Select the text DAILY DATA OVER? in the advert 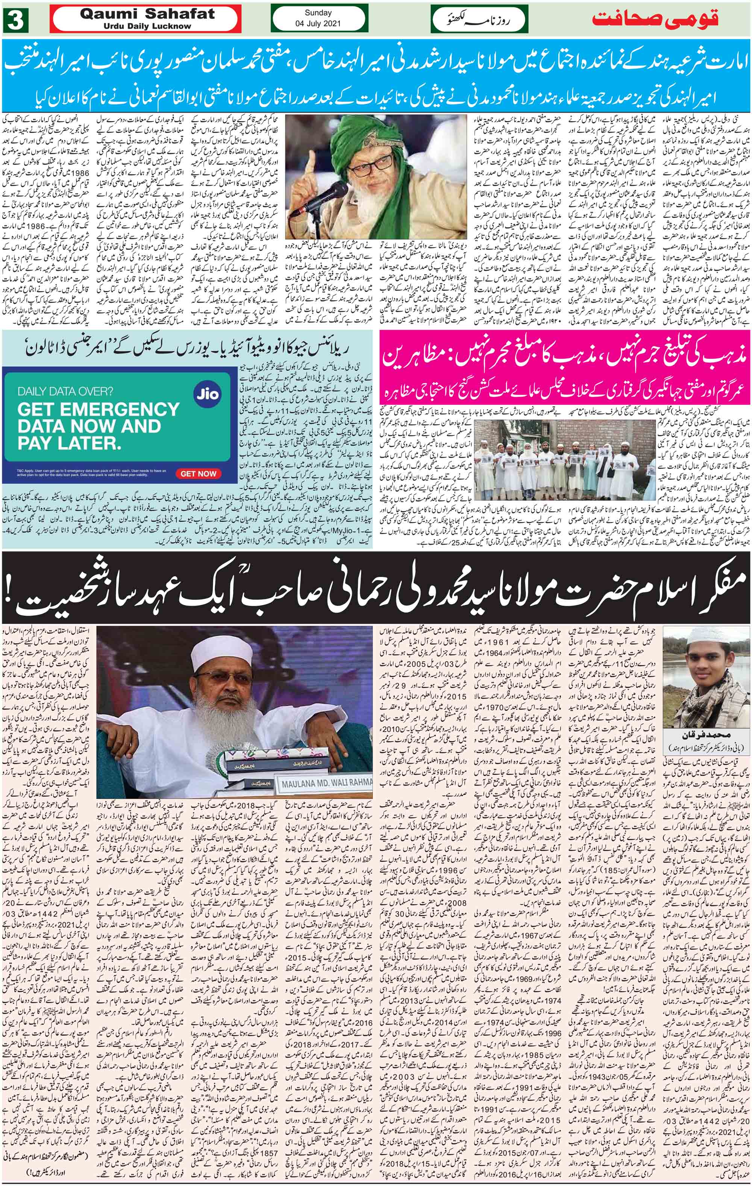click(x=65, y=393)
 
